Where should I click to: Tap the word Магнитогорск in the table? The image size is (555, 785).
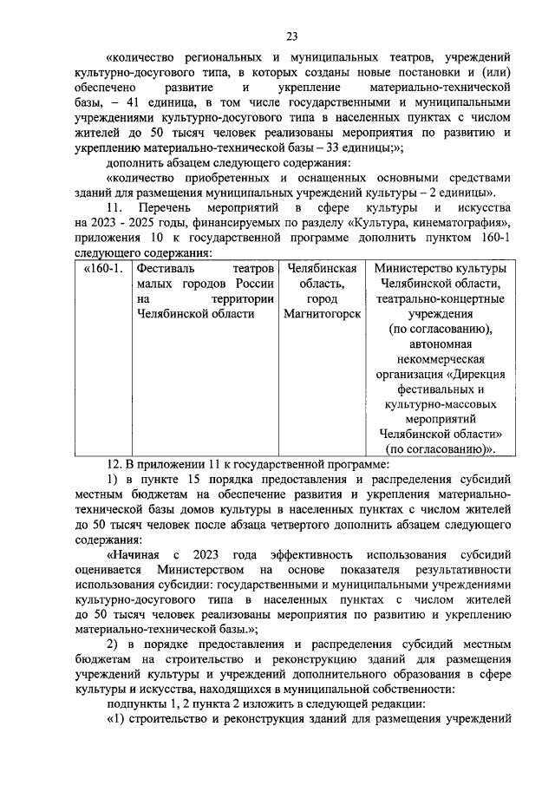coord(322,313)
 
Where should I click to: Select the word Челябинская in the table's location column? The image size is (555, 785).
coord(322,269)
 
